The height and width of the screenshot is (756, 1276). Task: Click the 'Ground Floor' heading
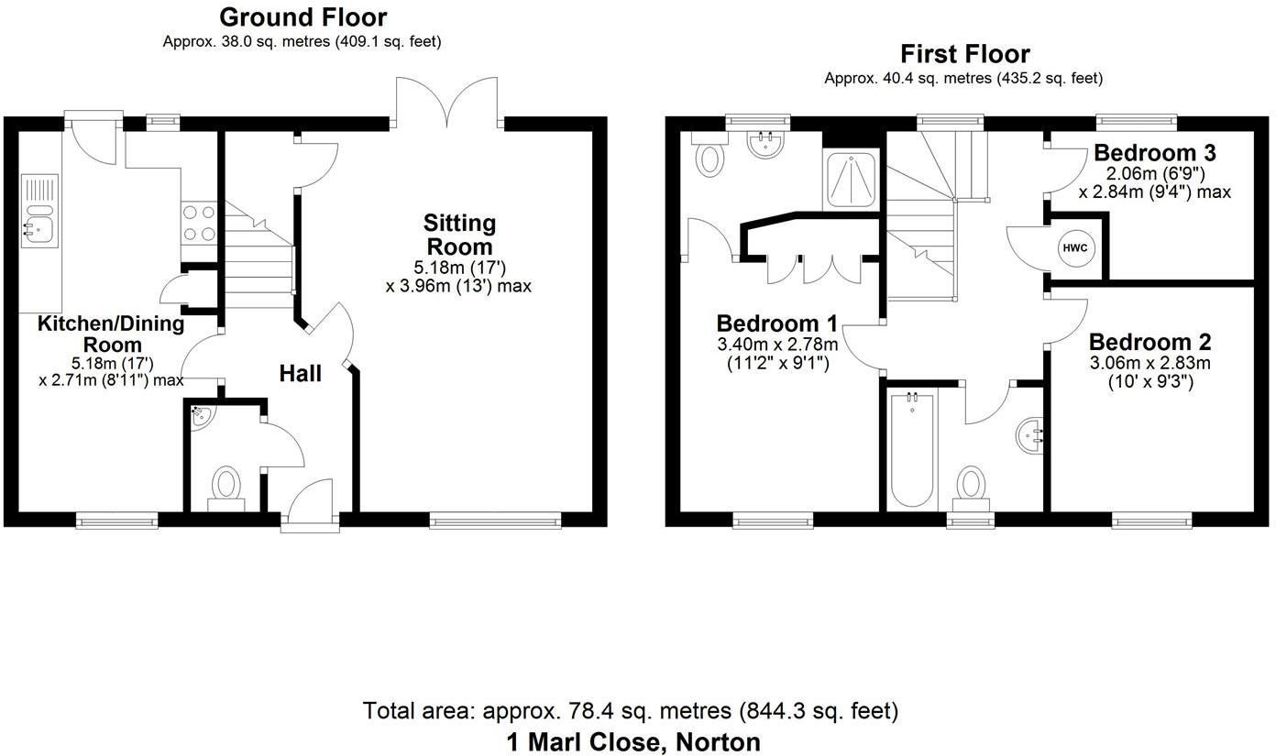[x=302, y=17]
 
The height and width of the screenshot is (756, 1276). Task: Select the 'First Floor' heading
[x=964, y=54]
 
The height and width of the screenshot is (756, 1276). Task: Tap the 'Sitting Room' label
[x=459, y=235]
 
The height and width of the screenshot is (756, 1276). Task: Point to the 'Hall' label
[x=300, y=374]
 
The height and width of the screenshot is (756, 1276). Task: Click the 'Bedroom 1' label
[x=776, y=323]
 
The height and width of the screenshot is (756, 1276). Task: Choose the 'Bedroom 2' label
[x=1149, y=343]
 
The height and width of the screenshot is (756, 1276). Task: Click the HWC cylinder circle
[x=1074, y=247]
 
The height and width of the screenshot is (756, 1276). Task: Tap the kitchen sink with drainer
[x=38, y=213]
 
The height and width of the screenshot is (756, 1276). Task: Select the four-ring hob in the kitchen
[x=200, y=223]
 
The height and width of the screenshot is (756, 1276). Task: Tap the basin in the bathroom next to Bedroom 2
[x=1032, y=434]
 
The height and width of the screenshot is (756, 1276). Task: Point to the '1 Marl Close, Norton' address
[x=633, y=741]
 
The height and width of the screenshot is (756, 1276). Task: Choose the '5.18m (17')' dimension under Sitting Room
[x=459, y=268]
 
